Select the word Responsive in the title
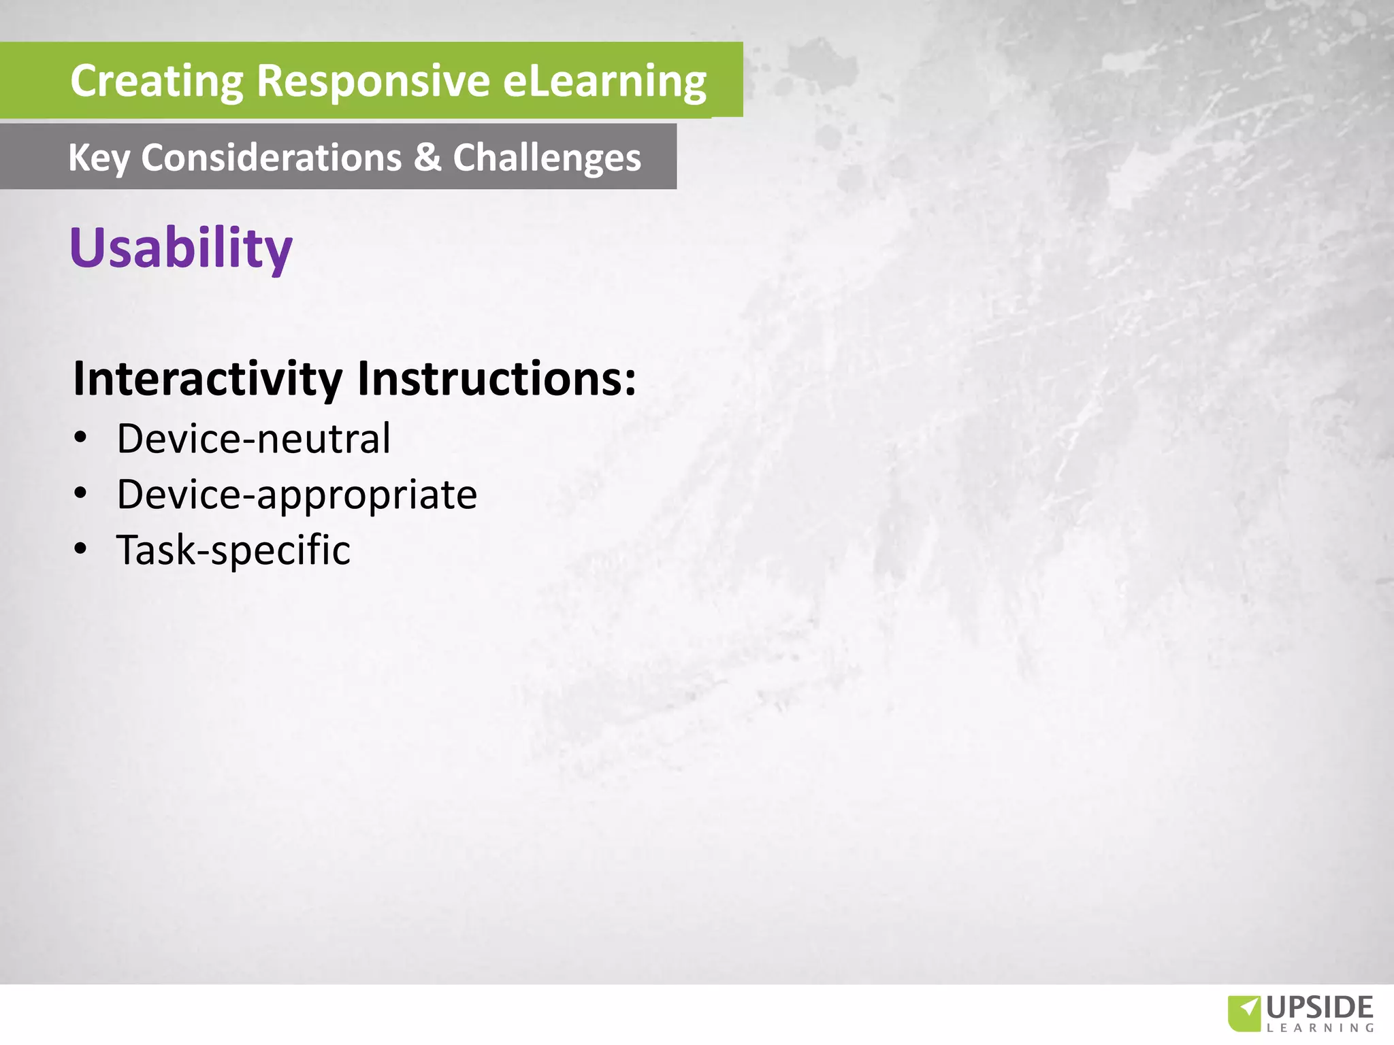click(373, 82)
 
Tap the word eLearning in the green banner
click(604, 82)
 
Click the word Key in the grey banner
click(99, 159)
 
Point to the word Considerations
click(271, 157)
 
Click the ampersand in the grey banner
click(427, 157)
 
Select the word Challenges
click(547, 159)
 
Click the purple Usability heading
click(181, 248)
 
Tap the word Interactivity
click(208, 378)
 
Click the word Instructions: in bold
click(496, 378)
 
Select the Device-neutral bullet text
click(253, 439)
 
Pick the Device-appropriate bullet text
click(297, 495)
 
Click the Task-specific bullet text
click(233, 550)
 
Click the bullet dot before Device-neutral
click(81, 437)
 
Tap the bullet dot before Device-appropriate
click(81, 493)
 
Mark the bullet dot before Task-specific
click(81, 548)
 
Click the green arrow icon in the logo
click(1244, 1013)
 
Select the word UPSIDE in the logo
click(1320, 1008)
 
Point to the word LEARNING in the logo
click(1320, 1028)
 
